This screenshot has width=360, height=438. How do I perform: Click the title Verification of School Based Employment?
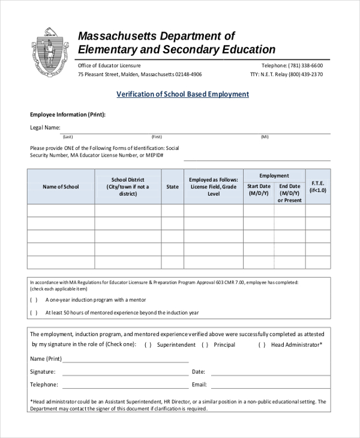point(182,95)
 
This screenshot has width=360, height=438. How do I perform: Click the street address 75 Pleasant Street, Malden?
point(139,75)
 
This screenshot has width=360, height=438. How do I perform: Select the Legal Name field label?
point(45,127)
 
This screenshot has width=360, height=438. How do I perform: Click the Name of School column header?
point(61,187)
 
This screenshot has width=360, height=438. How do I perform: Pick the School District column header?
point(128,187)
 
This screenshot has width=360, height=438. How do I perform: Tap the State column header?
point(172,187)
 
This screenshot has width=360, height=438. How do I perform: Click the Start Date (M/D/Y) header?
point(259,190)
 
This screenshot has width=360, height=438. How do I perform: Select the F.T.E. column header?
point(318,187)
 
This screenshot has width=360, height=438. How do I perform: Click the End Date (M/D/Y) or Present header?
point(289,193)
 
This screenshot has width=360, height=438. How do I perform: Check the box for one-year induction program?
point(34,299)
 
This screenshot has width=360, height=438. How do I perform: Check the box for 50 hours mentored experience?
point(34,313)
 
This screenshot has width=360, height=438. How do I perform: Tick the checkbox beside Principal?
point(205,345)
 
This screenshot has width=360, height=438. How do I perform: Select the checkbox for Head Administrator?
point(262,345)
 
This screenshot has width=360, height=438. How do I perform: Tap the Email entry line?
point(269,385)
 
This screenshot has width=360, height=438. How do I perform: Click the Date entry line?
point(269,373)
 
